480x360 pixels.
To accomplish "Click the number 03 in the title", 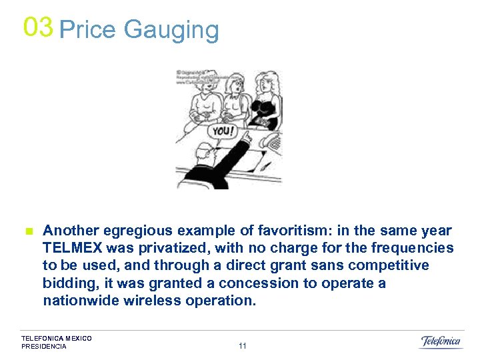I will point(37,27).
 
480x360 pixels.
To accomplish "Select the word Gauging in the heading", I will point(171,30).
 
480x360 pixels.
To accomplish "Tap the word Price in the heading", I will point(88,30).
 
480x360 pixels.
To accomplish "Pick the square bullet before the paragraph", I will point(29,231).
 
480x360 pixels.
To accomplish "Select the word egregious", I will point(143,231).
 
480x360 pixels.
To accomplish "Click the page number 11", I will point(242,346).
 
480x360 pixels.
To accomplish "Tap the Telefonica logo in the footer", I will point(440,341).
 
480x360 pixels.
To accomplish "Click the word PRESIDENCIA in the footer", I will point(44,347).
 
